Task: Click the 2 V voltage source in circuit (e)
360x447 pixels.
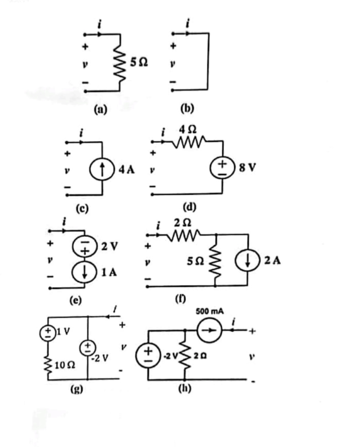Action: tap(84, 246)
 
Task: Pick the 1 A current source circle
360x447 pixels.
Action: tap(84, 272)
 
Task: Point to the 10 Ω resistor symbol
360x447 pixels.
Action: tap(48, 364)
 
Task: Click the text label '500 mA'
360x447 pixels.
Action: tap(209, 312)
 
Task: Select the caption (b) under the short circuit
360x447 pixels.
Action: tap(188, 109)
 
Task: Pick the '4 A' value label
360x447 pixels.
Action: tap(126, 170)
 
